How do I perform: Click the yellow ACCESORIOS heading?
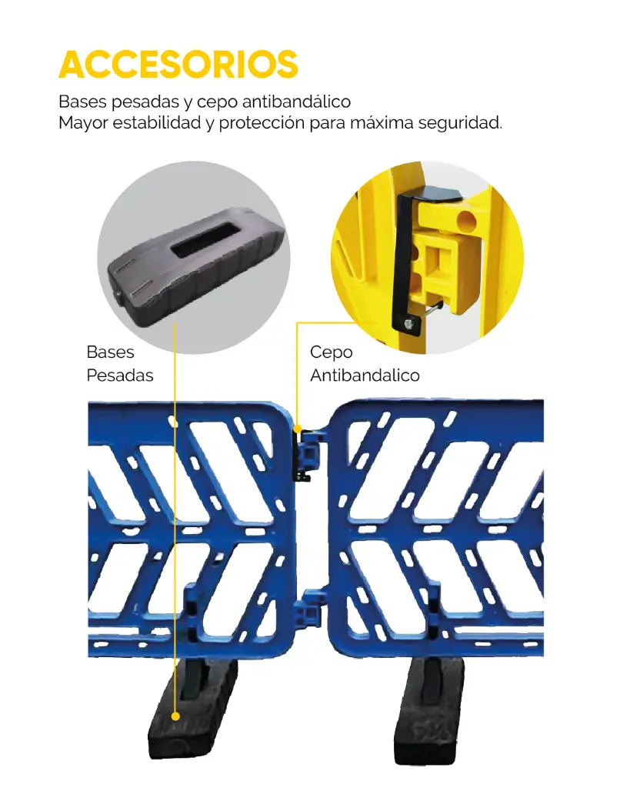tap(178, 65)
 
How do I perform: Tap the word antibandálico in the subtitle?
tap(296, 102)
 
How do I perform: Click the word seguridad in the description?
tap(460, 122)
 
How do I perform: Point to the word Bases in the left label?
tap(110, 352)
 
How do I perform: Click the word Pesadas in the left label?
tap(119, 375)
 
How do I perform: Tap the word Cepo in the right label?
tap(331, 352)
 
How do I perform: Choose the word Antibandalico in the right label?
tap(365, 375)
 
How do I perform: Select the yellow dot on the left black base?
tap(175, 716)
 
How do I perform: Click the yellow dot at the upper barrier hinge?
tap(298, 429)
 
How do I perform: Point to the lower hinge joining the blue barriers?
tap(308, 609)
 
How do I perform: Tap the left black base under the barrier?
tap(193, 710)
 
